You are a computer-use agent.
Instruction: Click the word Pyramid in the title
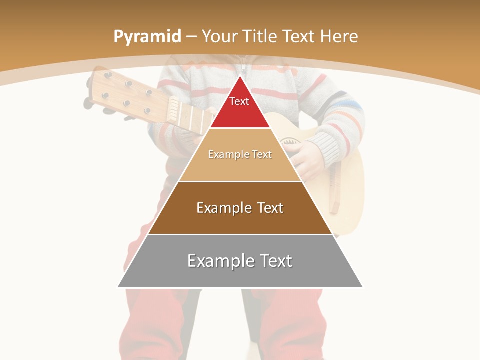[147, 37]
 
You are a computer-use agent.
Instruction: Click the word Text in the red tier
[239, 101]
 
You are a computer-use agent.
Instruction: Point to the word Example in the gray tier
[215, 261]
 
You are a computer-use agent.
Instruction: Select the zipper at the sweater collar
[243, 67]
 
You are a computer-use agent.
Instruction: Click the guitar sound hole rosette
[290, 142]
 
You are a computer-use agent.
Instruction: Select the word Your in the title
[219, 36]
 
